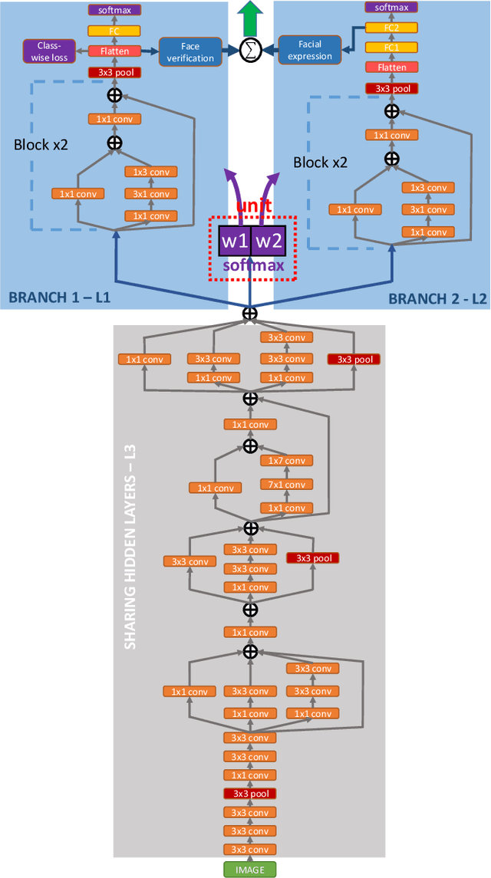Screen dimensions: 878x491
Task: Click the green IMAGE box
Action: click(249, 869)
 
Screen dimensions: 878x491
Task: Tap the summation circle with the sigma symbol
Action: click(249, 51)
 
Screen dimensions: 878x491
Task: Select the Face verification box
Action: click(190, 51)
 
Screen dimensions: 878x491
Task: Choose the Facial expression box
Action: click(309, 51)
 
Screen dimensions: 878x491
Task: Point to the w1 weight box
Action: click(235, 242)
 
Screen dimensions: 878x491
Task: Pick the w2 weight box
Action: click(268, 242)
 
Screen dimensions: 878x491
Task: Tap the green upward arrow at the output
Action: click(250, 15)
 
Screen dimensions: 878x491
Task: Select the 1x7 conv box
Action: click(285, 460)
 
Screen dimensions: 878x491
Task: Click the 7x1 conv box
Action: click(285, 484)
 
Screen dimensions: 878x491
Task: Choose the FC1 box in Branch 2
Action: click(392, 48)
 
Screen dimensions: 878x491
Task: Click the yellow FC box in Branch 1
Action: click(114, 31)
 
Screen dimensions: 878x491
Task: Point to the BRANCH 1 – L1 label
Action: click(60, 298)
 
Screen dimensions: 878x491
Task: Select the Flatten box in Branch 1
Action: click(114, 51)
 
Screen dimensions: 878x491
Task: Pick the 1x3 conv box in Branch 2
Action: click(428, 187)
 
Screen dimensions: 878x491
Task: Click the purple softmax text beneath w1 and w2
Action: click(253, 266)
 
